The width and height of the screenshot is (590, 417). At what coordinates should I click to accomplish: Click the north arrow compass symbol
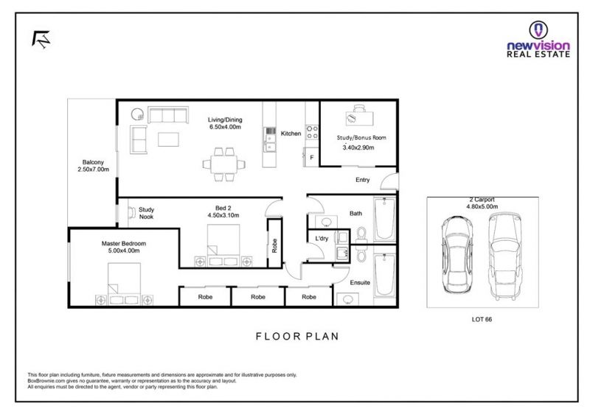[41, 39]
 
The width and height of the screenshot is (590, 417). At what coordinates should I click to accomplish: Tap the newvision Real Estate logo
[538, 40]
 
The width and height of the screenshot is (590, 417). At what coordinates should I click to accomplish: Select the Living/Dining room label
[225, 123]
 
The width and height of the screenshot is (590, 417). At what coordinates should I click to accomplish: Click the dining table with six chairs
[224, 164]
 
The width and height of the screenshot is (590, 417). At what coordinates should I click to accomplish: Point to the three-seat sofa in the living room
[168, 115]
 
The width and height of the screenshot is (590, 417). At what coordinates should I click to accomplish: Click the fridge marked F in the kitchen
[311, 157]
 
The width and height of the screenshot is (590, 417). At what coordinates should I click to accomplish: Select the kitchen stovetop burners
[312, 132]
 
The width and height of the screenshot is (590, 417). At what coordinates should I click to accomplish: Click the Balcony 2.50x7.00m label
[94, 166]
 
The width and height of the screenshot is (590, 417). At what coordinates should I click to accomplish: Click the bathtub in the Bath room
[384, 219]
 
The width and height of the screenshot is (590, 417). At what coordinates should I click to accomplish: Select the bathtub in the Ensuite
[384, 275]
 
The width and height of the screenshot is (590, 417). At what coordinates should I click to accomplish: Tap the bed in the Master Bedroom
[124, 284]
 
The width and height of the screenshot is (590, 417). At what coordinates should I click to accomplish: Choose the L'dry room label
[322, 239]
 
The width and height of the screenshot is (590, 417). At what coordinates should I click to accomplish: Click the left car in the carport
[457, 255]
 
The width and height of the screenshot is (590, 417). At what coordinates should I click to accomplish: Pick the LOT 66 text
[482, 319]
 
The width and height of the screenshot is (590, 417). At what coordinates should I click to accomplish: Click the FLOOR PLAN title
[297, 336]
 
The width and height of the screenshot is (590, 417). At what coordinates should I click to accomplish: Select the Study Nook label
[146, 213]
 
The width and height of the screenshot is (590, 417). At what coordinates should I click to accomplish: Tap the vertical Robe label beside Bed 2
[274, 245]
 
